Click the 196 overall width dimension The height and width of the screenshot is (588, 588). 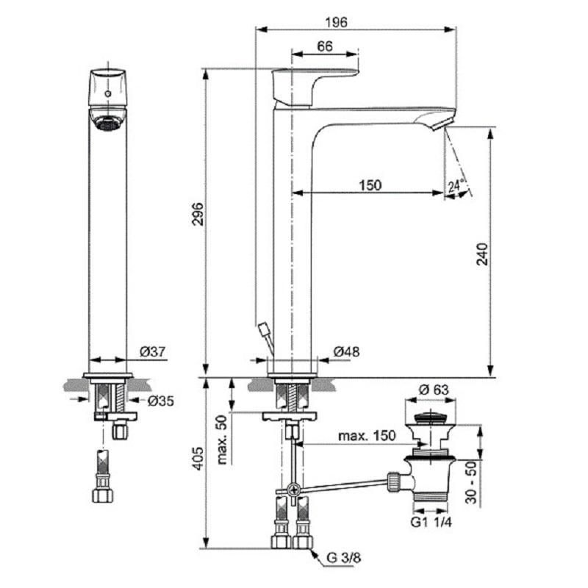coord(336,23)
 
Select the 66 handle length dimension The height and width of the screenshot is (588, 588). coord(325,46)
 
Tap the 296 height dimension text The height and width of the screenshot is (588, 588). coord(198,214)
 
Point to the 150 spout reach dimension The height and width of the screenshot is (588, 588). coord(370,185)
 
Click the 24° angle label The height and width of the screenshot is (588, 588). coord(456,185)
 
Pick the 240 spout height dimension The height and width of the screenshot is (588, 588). coord(483,254)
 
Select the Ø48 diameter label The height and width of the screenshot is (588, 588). coord(346,352)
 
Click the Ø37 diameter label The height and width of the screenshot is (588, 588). coord(153,352)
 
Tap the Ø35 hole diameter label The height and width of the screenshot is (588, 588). coord(161,401)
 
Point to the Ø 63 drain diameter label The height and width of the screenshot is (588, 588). coord(434,390)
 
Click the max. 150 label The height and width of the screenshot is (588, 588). coord(367,436)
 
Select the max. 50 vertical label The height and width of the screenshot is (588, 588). coord(222,440)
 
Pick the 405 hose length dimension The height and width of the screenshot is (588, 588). coord(198,458)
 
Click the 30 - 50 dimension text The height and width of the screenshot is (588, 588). coord(471,482)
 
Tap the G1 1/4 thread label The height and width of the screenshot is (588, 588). coord(431,522)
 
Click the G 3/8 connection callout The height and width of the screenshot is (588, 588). coord(343,558)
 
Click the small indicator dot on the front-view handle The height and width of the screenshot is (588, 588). coord(108,93)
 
